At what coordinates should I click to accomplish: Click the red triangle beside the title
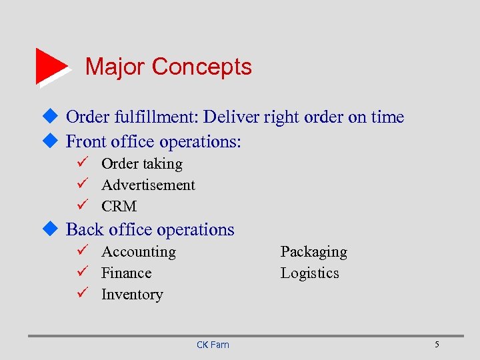point(51,66)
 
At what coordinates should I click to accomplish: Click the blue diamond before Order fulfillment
point(52,117)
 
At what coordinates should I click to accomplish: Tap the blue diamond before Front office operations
point(52,141)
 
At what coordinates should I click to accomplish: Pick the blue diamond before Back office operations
point(52,229)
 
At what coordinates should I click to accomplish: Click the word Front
point(85,142)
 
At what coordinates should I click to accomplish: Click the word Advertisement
point(148,185)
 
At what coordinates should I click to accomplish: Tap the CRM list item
point(119,207)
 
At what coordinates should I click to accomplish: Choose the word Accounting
point(139,252)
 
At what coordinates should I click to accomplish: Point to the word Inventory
point(132,295)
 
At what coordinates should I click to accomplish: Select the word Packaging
point(313,252)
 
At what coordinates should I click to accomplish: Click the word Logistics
point(309,273)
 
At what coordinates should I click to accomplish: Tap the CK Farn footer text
point(213,345)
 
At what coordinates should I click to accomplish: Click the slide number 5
point(437,344)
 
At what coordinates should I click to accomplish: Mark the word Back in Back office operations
point(84,230)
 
